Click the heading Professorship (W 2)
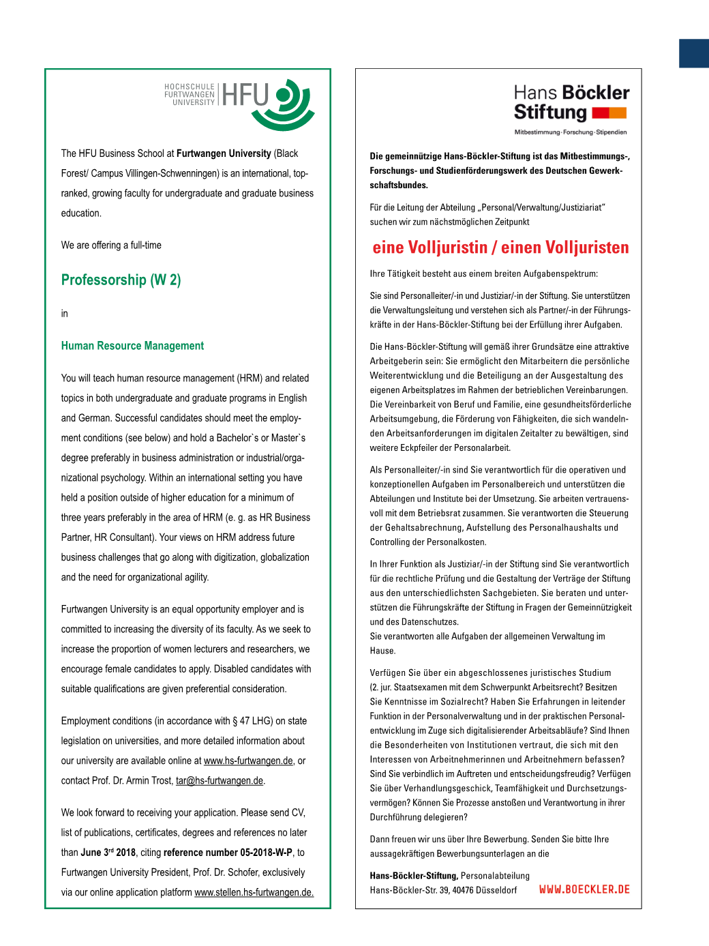[x=121, y=280]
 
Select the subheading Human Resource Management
[x=132, y=346]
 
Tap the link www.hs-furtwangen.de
[x=248, y=760]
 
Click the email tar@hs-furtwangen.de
[x=220, y=780]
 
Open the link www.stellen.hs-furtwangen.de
[x=254, y=892]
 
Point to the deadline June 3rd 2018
[x=108, y=853]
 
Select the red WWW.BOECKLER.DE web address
[x=584, y=889]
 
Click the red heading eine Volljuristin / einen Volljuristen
[x=500, y=248]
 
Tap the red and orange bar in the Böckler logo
[x=609, y=113]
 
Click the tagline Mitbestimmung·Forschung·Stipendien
[x=570, y=132]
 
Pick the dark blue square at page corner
[x=693, y=53]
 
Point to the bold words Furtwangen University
[x=224, y=153]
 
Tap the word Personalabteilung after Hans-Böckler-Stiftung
[x=495, y=876]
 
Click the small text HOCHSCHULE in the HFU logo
[x=190, y=87]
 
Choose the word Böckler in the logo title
[x=594, y=93]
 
